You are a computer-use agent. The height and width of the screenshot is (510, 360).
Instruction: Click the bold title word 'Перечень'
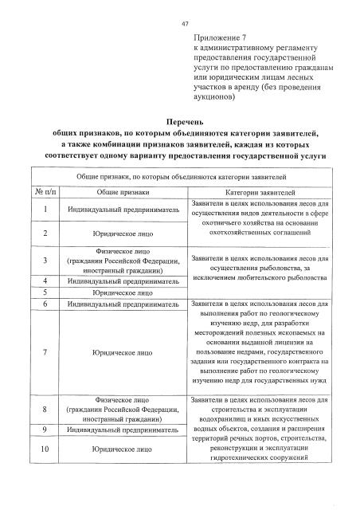tap(180, 121)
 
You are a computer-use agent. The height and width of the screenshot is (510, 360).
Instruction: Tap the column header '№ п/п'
tap(44, 193)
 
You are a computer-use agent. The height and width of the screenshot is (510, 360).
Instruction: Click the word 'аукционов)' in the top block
tap(214, 98)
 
